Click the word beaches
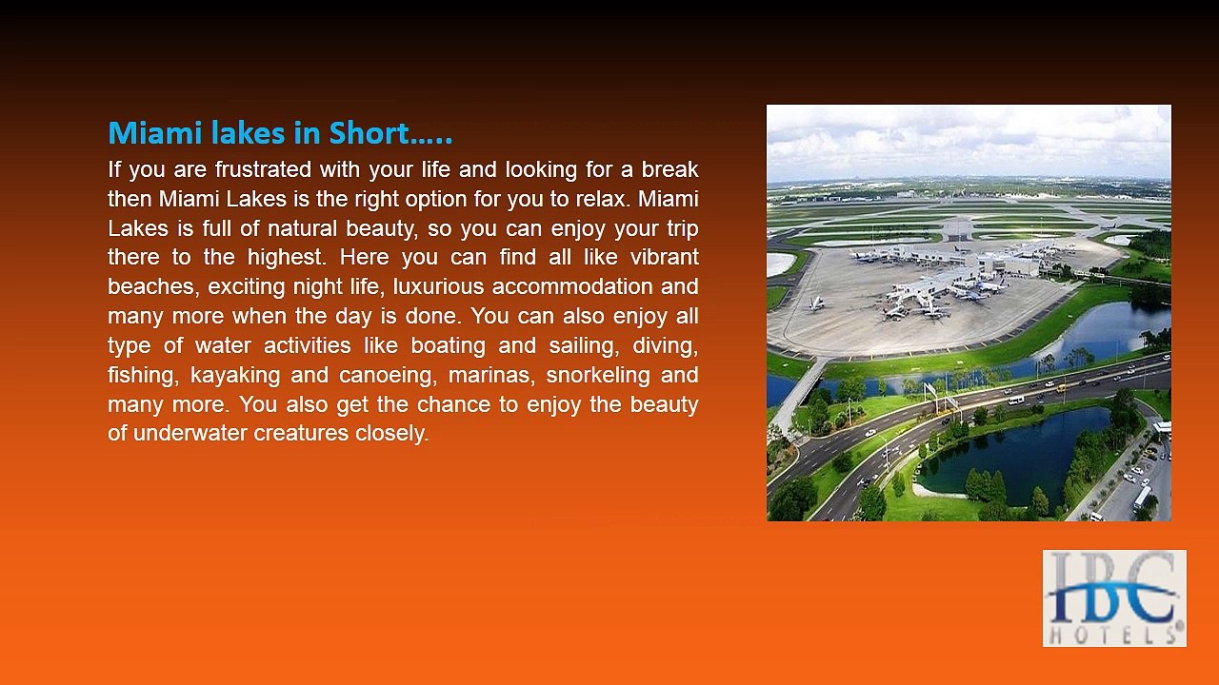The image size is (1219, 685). tap(152, 287)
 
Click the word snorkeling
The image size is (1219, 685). tap(597, 375)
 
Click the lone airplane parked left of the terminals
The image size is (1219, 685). tap(816, 303)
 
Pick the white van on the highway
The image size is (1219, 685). tap(1016, 400)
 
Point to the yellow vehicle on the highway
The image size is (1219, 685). tap(1060, 387)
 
